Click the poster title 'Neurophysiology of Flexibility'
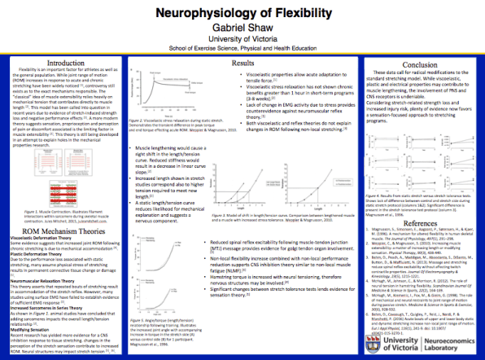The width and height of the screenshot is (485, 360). point(242,14)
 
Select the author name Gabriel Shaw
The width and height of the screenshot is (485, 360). point(241,29)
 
